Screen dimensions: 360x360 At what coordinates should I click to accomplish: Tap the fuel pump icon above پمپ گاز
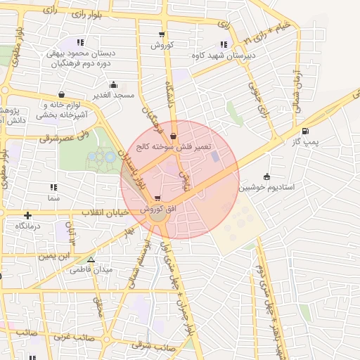click(x=304, y=131)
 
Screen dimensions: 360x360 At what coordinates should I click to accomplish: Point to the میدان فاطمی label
click(x=93, y=270)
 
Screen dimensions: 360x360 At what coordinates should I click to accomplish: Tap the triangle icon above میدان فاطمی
click(x=91, y=259)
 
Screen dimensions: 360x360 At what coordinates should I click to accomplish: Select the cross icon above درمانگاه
click(x=27, y=215)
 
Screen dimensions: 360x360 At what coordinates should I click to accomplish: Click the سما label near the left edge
click(x=53, y=198)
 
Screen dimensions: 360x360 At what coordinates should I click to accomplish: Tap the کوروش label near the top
click(x=162, y=45)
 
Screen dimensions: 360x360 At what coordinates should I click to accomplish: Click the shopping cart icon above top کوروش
click(x=162, y=34)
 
